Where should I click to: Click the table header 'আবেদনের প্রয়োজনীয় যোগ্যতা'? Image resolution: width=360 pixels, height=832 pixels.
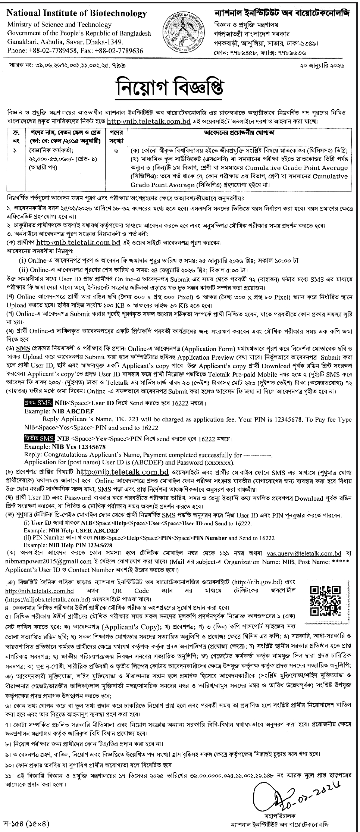[238, 132]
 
